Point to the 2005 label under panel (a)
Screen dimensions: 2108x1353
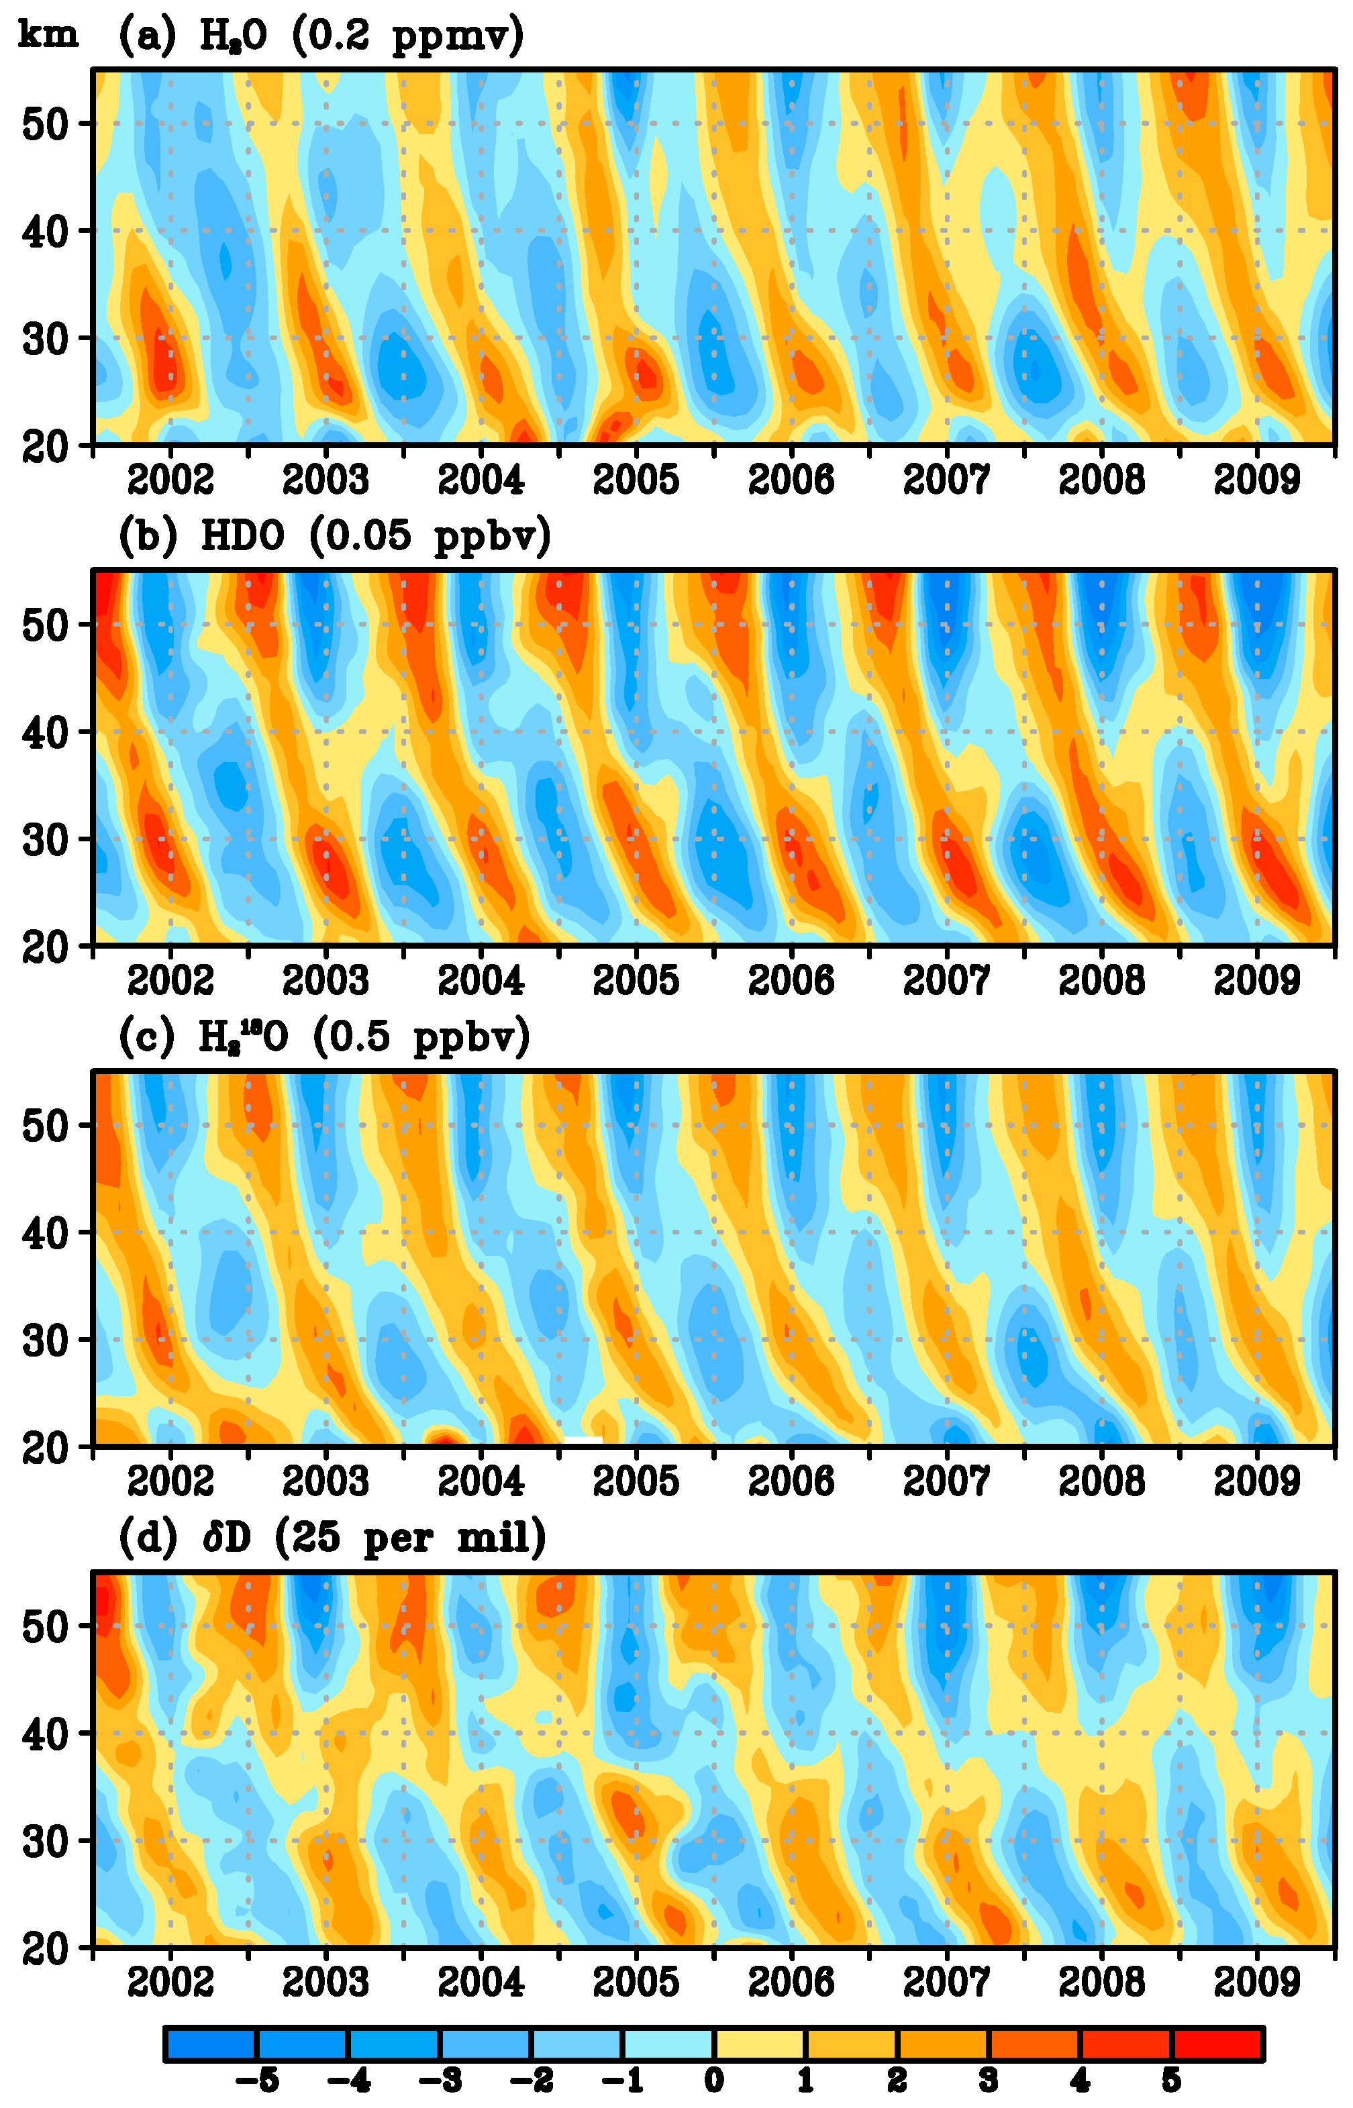[x=636, y=480]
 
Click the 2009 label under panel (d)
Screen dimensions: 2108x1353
[x=1256, y=1983]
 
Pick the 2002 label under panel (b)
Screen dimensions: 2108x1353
[x=170, y=980]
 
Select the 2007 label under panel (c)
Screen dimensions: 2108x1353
[x=946, y=1482]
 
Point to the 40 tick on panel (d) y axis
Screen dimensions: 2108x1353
[x=45, y=1734]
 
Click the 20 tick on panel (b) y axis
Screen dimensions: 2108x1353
[x=45, y=947]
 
